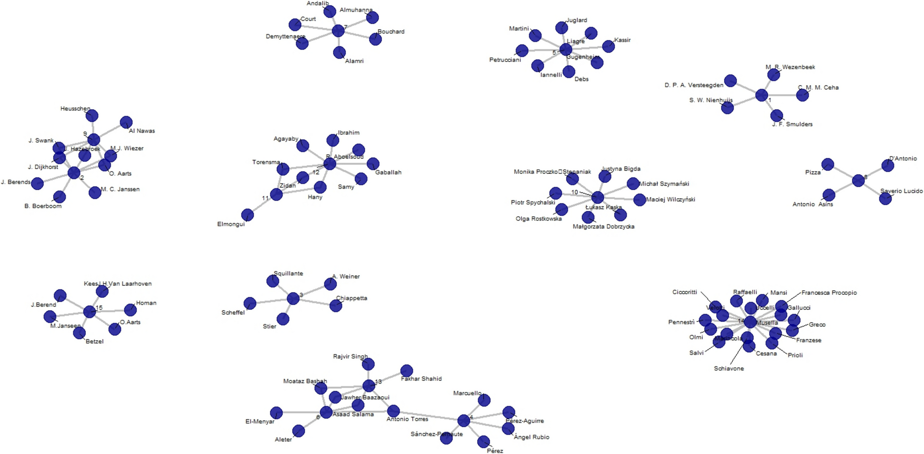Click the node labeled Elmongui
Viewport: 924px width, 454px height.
tap(247, 215)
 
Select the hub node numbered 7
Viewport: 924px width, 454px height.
tap(338, 31)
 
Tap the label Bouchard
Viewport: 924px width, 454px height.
tap(391, 32)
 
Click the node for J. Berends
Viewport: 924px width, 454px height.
tap(37, 183)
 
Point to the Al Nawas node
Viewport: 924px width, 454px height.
tap(126, 122)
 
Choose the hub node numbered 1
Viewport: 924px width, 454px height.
tap(761, 96)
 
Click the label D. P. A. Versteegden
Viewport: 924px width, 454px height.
tap(694, 85)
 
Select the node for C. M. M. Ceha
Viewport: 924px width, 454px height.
tap(802, 95)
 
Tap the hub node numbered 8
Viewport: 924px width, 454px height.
tap(858, 181)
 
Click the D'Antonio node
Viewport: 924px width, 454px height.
tap(888, 165)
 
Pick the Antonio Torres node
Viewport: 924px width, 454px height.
tap(393, 411)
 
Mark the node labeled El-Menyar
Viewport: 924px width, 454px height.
tap(276, 413)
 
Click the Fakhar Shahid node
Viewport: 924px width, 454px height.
tap(407, 371)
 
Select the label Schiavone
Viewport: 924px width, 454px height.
tap(729, 368)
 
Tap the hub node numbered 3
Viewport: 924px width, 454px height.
tap(293, 299)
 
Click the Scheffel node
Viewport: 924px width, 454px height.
tap(250, 303)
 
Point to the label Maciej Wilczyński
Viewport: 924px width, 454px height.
tap(670, 200)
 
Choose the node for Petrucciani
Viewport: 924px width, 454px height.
tap(522, 50)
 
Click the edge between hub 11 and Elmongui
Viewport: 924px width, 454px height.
tap(262, 205)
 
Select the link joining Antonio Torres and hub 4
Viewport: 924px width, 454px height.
tap(428, 416)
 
